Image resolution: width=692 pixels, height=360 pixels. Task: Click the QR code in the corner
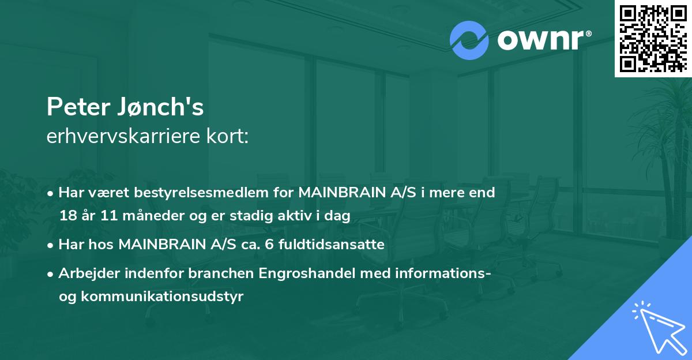coord(653,39)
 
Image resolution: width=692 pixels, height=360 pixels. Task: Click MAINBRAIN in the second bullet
coord(167,245)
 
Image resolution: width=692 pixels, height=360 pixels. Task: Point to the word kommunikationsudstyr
coord(162,297)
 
